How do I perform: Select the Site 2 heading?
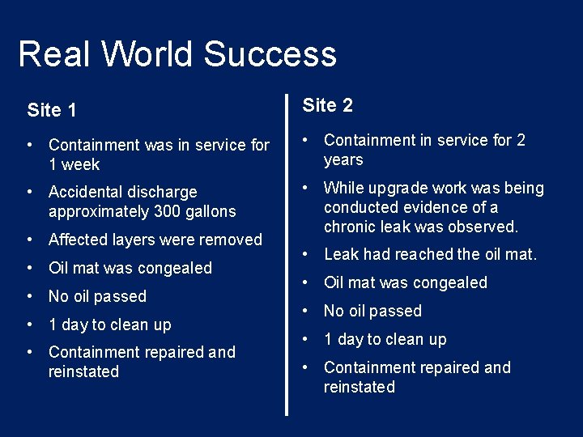(327, 105)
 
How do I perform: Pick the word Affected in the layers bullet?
(82, 240)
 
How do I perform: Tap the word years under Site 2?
(343, 159)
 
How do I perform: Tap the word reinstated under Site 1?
(83, 371)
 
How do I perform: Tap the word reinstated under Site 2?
(359, 387)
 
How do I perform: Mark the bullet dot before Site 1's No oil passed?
(30, 296)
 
